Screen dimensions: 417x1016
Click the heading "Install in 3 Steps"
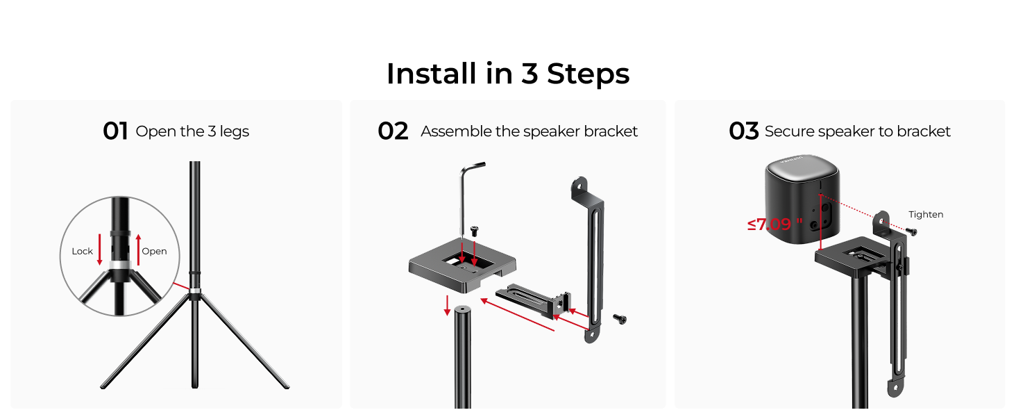(x=507, y=74)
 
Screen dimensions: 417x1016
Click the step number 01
(x=115, y=131)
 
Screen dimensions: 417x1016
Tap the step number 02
(x=393, y=131)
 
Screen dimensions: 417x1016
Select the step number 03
(x=743, y=131)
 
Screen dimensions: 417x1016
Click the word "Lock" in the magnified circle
(x=82, y=252)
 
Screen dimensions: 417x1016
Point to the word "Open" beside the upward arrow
(x=154, y=252)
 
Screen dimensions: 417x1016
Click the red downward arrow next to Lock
(x=99, y=250)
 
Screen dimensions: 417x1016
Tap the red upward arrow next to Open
(x=139, y=250)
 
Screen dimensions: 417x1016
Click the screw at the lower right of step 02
(x=619, y=318)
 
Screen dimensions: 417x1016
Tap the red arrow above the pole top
(x=448, y=304)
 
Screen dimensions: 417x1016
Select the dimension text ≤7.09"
(x=774, y=224)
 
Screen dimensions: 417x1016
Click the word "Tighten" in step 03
(x=926, y=215)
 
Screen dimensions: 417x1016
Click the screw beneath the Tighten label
(x=913, y=231)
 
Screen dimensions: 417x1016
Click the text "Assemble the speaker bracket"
(x=529, y=131)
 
